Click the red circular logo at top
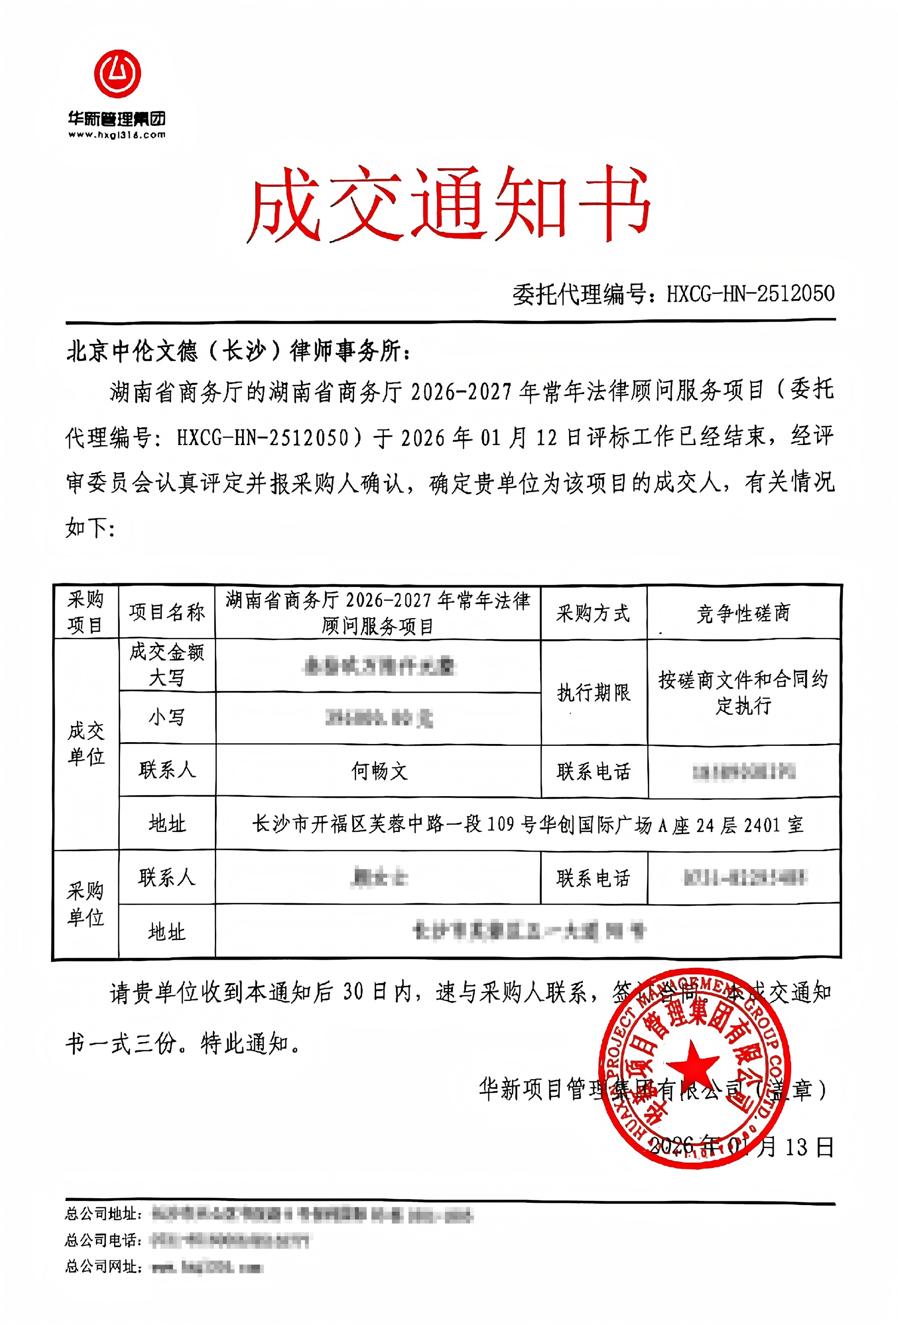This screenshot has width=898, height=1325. pyautogui.click(x=118, y=74)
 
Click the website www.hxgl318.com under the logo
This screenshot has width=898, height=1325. pyautogui.click(x=116, y=135)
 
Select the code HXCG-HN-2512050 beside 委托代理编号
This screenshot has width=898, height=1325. pyautogui.click(x=750, y=293)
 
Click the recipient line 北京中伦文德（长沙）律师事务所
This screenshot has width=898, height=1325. pyautogui.click(x=239, y=351)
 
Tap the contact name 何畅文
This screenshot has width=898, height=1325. pyautogui.click(x=379, y=771)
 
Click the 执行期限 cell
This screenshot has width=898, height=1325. pyautogui.click(x=593, y=693)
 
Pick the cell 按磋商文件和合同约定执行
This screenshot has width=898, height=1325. pyautogui.click(x=744, y=692)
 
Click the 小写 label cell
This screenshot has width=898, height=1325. pyautogui.click(x=167, y=717)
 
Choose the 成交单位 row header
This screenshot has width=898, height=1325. pyautogui.click(x=86, y=744)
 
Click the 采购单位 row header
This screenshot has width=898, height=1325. pyautogui.click(x=86, y=904)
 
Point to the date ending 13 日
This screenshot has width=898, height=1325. pyautogui.click(x=742, y=1147)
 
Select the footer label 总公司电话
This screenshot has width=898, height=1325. pyautogui.click(x=103, y=1240)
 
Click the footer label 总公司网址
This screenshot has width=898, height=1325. pyautogui.click(x=103, y=1266)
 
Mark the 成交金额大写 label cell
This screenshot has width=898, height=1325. pyautogui.click(x=167, y=665)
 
